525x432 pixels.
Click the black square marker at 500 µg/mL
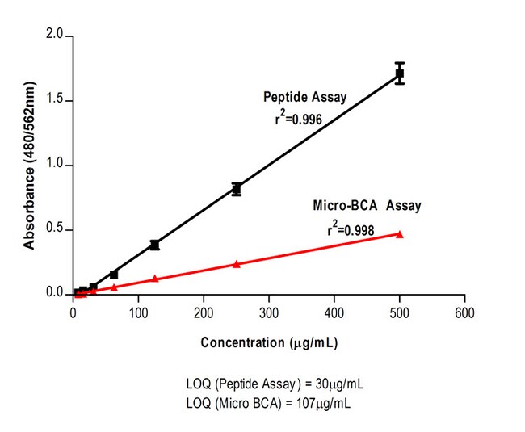pyautogui.click(x=399, y=73)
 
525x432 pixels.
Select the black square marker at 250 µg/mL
pyautogui.click(x=236, y=189)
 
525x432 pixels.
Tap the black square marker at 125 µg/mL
pyautogui.click(x=154, y=245)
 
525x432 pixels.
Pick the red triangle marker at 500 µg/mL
pyautogui.click(x=399, y=234)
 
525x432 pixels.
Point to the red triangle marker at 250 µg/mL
pyautogui.click(x=236, y=264)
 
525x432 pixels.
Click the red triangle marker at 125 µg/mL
pyautogui.click(x=154, y=279)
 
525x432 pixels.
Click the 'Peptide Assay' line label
pyautogui.click(x=305, y=97)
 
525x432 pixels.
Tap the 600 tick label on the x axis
pyautogui.click(x=464, y=311)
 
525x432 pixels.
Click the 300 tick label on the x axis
pyautogui.click(x=269, y=311)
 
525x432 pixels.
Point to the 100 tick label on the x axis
pyautogui.click(x=138, y=311)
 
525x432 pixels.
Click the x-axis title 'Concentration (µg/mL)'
pyautogui.click(x=269, y=342)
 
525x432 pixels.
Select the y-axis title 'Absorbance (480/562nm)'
pyautogui.click(x=29, y=166)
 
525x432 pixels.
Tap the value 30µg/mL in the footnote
pyautogui.click(x=342, y=382)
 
